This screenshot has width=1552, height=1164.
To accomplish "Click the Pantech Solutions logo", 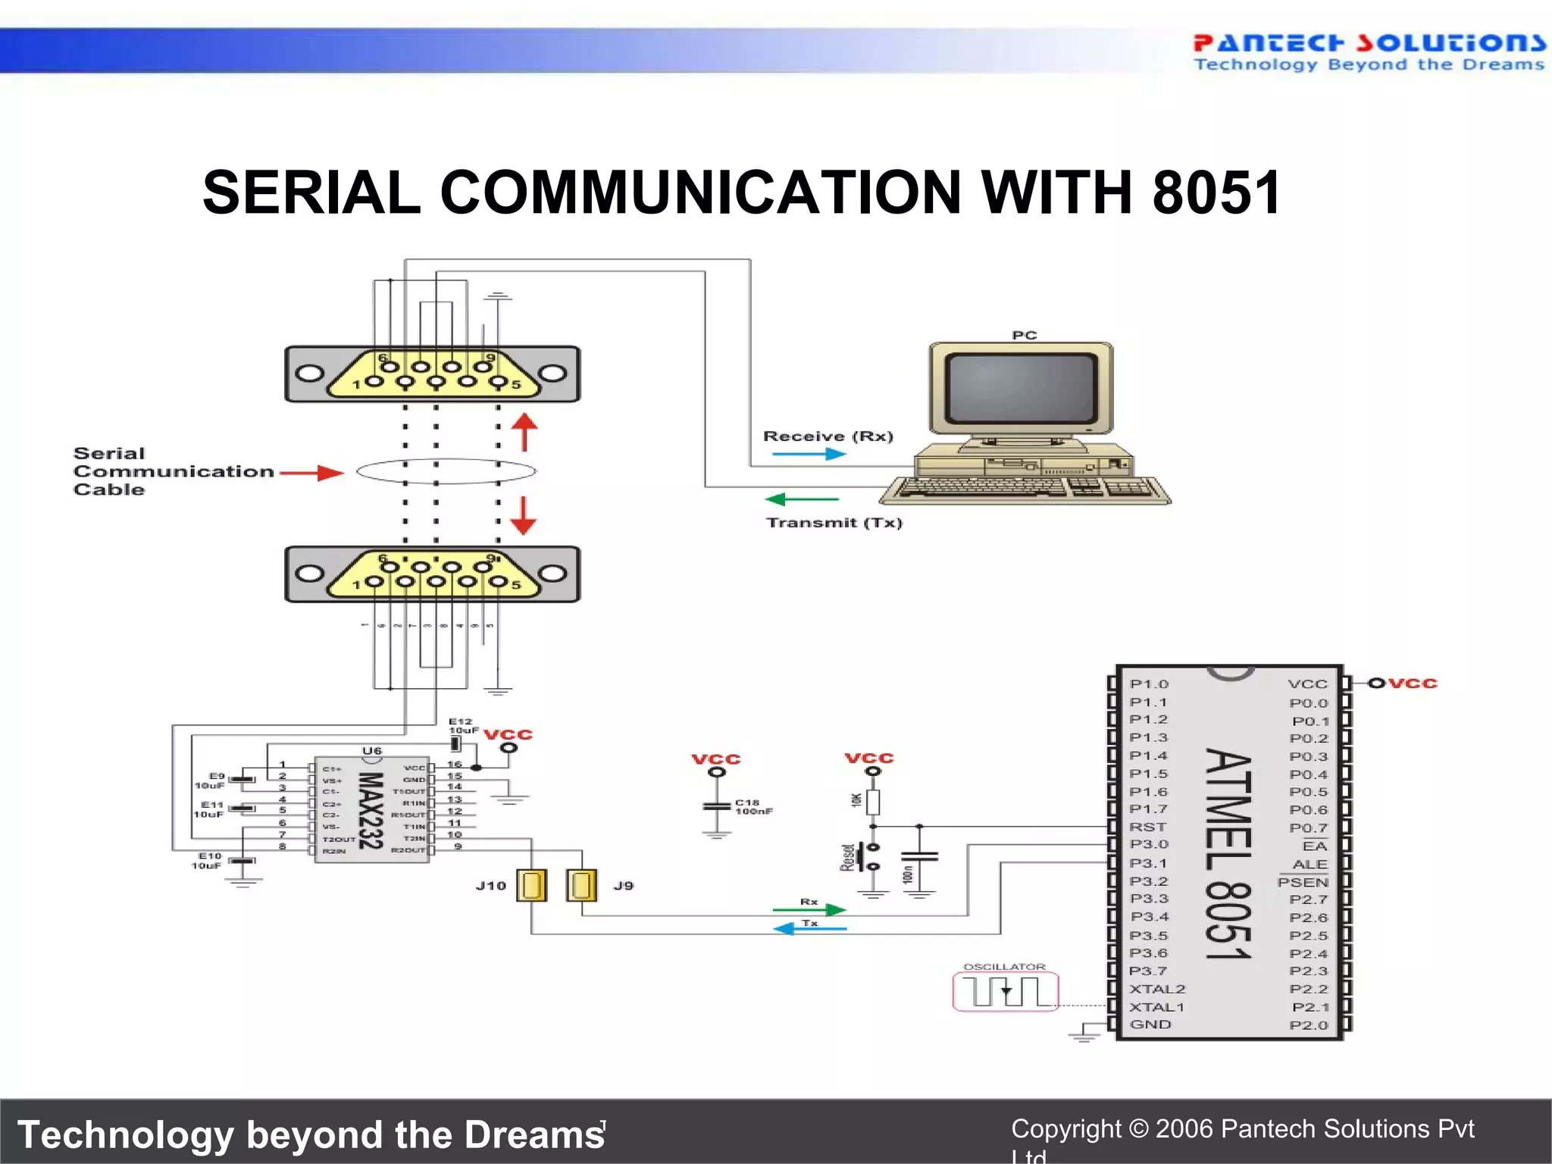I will (x=1368, y=52).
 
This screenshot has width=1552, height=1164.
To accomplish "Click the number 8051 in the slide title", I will (x=1216, y=192).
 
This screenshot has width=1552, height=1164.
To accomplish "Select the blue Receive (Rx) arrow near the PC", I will (x=808, y=454).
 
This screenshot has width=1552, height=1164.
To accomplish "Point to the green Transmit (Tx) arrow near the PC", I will (x=802, y=499).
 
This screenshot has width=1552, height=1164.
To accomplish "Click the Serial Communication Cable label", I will (x=173, y=471).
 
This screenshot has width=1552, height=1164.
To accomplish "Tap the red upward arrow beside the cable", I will (x=524, y=432).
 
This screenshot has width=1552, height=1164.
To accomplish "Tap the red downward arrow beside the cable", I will (x=523, y=515).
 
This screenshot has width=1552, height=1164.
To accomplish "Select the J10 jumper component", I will (x=531, y=885).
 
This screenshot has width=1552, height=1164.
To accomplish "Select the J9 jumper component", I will (x=581, y=885).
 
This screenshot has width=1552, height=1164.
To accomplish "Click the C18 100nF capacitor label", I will (x=753, y=806).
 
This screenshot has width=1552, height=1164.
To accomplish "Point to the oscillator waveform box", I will (x=1005, y=991).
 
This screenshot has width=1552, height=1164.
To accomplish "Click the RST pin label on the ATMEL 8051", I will (x=1147, y=827).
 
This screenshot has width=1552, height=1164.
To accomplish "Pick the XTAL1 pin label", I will (x=1156, y=1007).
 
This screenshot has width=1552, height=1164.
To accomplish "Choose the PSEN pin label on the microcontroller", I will (x=1303, y=882).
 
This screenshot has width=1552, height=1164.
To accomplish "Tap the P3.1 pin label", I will (x=1148, y=863).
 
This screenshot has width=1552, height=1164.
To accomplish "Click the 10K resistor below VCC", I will (x=873, y=801).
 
